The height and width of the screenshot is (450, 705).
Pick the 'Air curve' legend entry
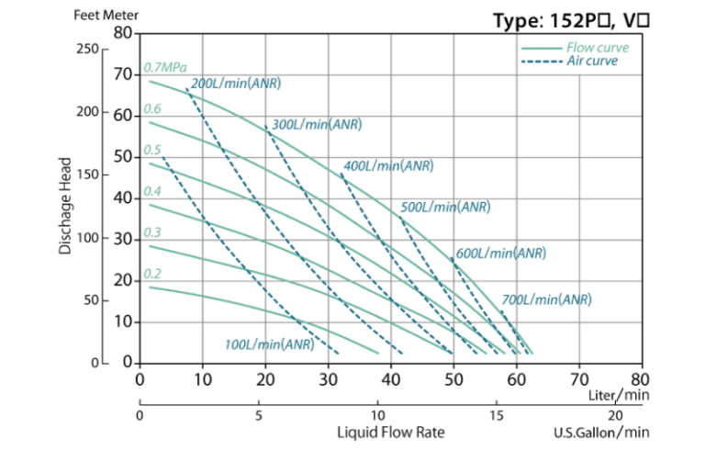[592, 62]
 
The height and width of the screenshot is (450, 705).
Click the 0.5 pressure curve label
[152, 151]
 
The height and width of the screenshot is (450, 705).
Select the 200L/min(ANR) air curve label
[236, 84]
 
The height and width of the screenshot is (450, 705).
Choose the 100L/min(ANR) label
[269, 345]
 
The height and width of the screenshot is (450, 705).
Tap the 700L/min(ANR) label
[546, 299]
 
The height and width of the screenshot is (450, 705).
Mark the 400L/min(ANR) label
[387, 166]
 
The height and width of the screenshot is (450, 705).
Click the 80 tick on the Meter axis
[125, 32]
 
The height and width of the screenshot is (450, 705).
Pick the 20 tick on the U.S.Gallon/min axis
[617, 415]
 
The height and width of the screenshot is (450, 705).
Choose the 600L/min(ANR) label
[500, 253]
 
